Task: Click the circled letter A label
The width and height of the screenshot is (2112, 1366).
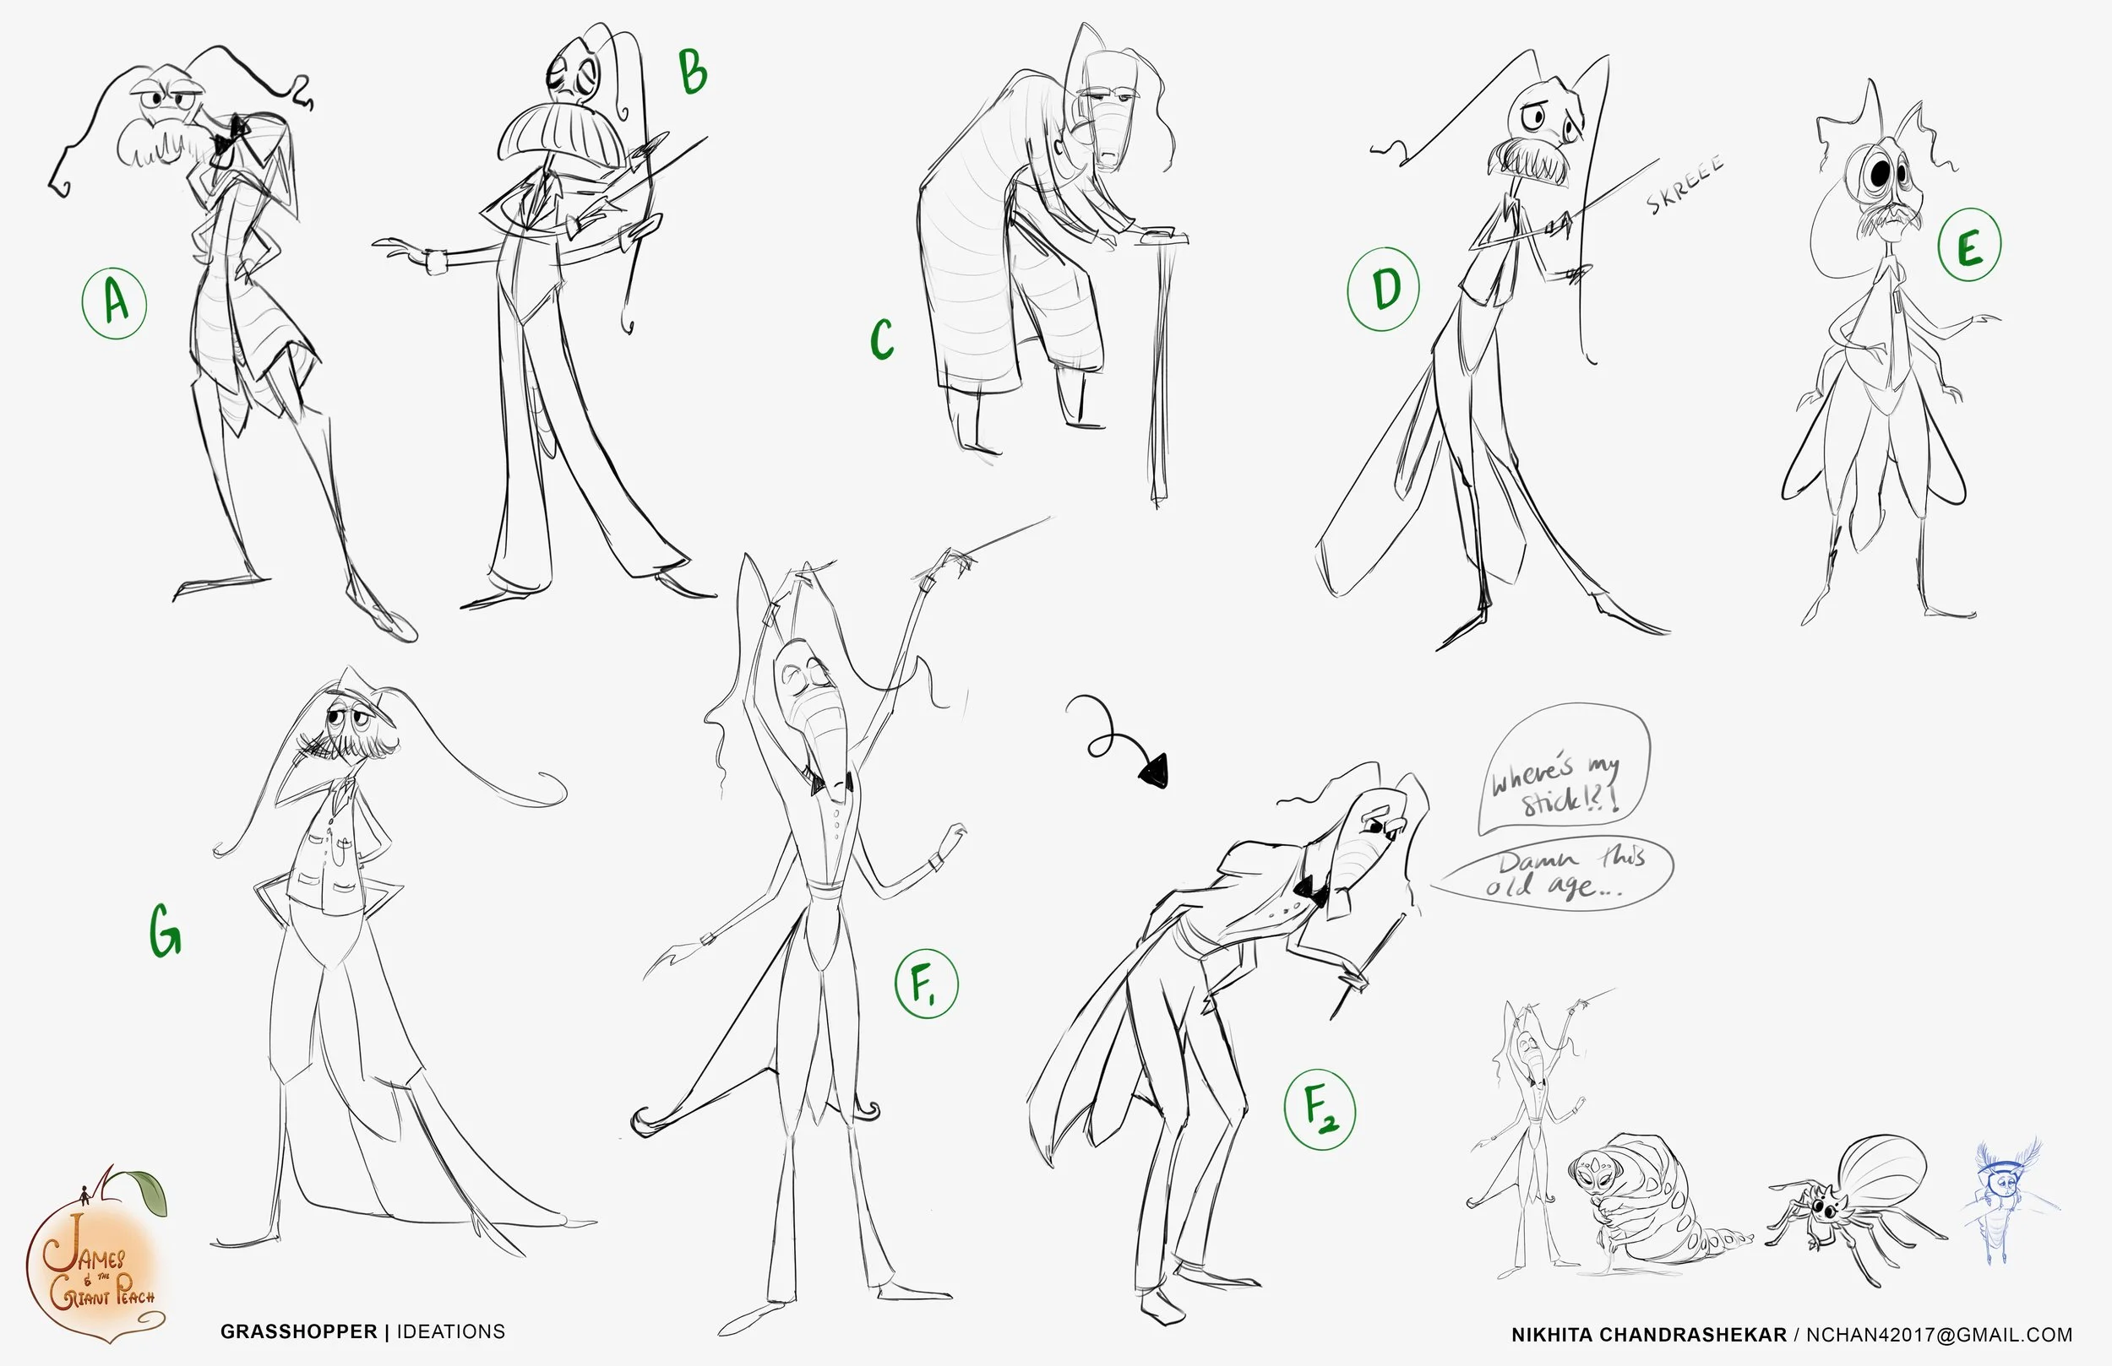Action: (115, 303)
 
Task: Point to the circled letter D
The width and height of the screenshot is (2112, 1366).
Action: (1384, 288)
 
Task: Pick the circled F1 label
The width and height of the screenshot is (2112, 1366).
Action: (926, 984)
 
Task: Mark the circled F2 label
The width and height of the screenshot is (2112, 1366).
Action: (1320, 1109)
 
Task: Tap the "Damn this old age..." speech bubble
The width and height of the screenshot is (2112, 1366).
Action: (1557, 874)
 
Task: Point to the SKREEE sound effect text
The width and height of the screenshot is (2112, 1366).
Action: (1685, 185)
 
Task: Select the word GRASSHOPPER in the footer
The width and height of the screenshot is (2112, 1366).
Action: (299, 1332)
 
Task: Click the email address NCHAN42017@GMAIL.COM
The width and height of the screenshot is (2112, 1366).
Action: (1940, 1335)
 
